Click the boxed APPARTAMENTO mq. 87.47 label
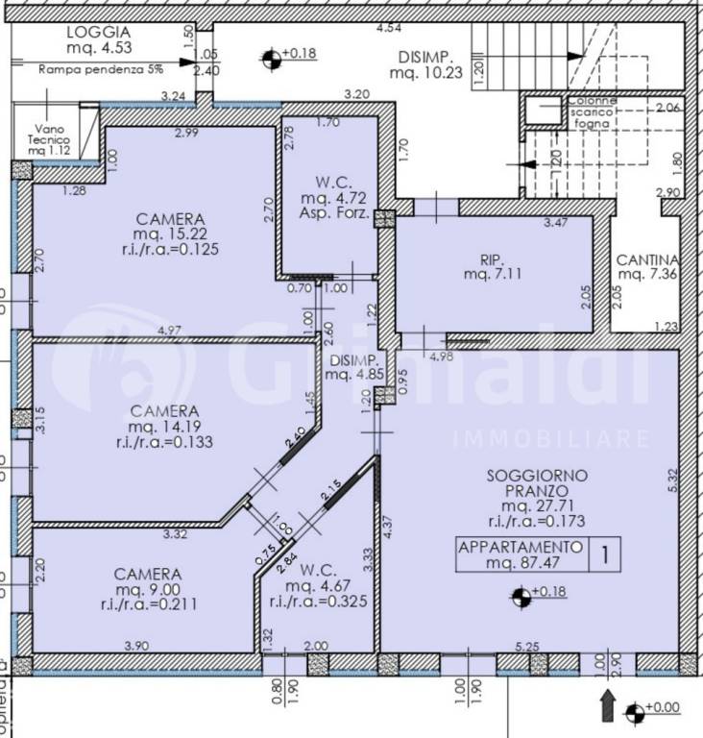520,554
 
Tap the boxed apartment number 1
604,553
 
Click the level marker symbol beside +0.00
633,712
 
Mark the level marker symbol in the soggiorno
521,599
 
